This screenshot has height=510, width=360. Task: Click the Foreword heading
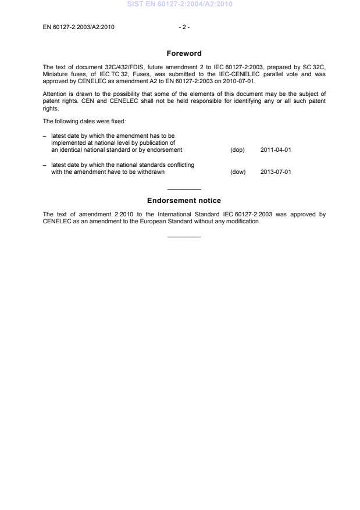tap(184, 54)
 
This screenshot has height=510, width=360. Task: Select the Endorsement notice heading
tap(184, 201)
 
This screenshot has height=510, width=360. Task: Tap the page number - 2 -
tap(184, 27)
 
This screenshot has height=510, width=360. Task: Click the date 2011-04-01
tap(276, 150)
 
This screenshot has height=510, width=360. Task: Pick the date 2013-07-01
tap(276, 172)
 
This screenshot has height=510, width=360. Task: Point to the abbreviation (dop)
tap(237, 150)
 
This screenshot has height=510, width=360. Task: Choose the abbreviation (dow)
tap(238, 172)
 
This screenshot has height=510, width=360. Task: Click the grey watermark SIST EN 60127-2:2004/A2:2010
tap(184, 5)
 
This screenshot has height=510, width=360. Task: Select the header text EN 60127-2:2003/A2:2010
tap(79, 27)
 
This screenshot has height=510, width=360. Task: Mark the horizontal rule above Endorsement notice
tap(184, 190)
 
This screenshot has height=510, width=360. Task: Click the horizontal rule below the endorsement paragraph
tap(184, 237)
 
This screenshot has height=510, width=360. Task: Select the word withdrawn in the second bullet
tap(151, 172)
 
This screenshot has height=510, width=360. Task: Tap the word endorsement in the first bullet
tap(166, 150)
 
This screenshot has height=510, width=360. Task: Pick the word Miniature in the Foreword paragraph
tap(56, 74)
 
